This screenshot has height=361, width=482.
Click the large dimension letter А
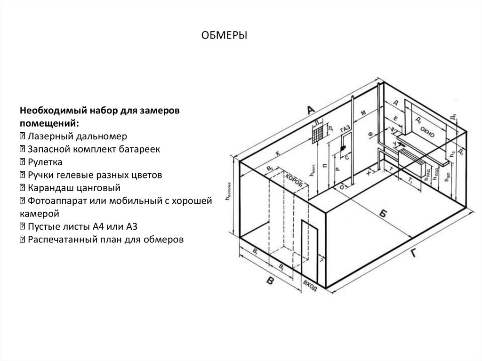[310, 110]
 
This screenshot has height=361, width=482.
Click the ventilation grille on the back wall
[318, 133]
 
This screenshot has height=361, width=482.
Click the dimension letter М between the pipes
[363, 112]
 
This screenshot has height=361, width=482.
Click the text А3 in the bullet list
[130, 226]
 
